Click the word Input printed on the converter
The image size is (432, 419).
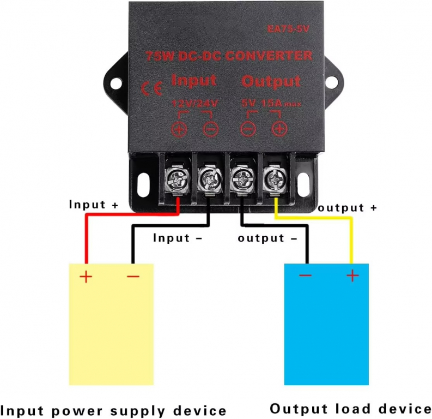194,81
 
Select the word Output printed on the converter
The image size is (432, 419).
271,82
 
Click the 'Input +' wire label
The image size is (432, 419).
93,205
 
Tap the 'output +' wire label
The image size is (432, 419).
348,208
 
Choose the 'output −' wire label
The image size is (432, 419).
267,238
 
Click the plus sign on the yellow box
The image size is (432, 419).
86,277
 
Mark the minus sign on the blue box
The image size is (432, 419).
305,276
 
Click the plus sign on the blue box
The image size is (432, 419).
352,276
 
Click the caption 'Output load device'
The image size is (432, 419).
350,409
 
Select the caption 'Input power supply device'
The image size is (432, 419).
113,410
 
